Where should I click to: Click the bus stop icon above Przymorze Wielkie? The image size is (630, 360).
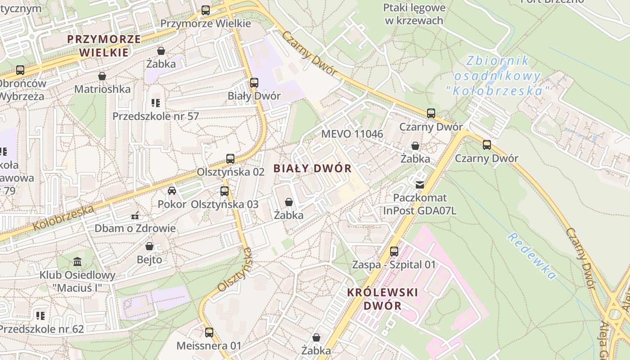206,10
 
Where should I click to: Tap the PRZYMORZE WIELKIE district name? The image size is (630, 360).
104,45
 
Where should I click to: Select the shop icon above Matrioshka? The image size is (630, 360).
102,76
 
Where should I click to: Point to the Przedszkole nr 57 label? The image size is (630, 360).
155,116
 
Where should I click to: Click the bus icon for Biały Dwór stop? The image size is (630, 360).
254,83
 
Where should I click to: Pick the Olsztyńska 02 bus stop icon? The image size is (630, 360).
230,159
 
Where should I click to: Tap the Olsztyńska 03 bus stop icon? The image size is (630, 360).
225,191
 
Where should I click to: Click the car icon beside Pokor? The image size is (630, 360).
172,191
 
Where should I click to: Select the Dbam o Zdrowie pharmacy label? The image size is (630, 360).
135,228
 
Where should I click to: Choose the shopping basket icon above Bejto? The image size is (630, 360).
149,247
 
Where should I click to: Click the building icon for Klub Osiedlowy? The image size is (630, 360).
77,262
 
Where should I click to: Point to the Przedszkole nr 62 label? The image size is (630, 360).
41,329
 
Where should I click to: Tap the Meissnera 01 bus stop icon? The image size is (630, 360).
209,333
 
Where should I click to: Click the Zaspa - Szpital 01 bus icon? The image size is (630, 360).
394,252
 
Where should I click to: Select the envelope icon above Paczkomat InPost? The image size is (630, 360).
420,184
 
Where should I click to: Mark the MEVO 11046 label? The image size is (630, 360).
352,134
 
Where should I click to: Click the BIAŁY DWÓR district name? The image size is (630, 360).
312,168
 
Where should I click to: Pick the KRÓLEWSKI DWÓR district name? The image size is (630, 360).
382,299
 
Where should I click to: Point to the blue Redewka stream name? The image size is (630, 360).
531,256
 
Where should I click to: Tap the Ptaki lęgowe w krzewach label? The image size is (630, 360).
414,14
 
